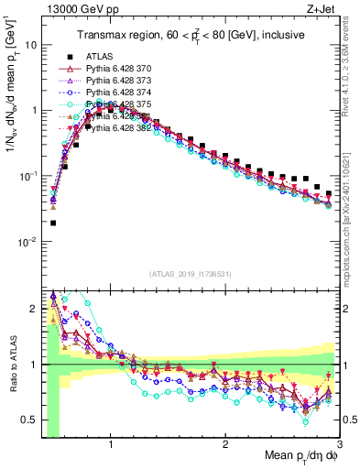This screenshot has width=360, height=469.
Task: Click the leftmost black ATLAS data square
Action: tap(53, 223)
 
